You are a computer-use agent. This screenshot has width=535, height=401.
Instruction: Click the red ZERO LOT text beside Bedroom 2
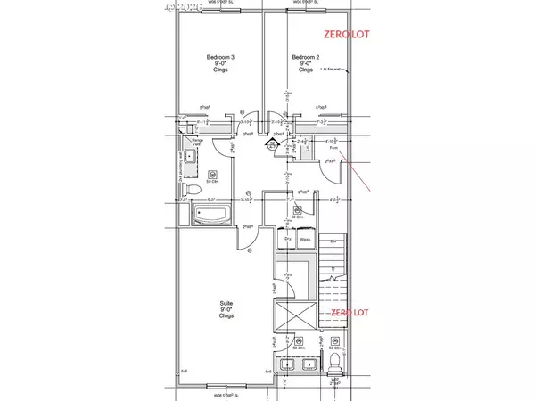point(345,35)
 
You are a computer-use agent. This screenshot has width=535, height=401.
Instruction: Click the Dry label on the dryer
point(288,239)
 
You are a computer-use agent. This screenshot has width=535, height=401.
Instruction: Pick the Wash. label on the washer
point(305,239)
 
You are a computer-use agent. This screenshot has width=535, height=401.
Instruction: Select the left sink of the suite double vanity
point(285,365)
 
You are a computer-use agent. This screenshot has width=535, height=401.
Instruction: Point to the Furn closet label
point(330,149)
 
